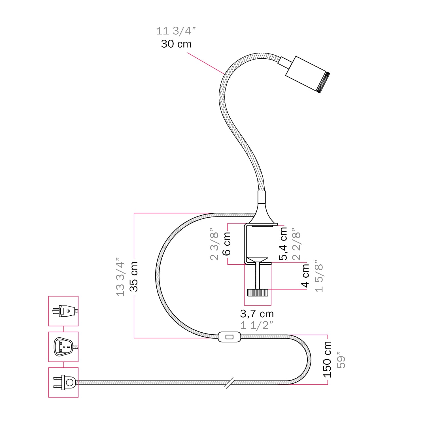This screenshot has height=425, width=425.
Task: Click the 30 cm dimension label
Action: coord(176,44)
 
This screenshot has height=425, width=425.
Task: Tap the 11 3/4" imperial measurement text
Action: coord(176,31)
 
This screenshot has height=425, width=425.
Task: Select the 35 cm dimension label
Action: coord(133,277)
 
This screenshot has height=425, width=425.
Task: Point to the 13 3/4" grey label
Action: coord(120,277)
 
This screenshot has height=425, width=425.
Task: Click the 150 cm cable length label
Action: coord(327,359)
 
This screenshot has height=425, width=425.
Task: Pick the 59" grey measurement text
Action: coord(341,360)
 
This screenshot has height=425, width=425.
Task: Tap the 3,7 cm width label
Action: coord(257,314)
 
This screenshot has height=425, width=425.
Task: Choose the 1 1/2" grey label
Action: coord(257,325)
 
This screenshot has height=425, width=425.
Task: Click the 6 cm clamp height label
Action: coord(227,244)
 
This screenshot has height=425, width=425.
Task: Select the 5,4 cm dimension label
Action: coord(283,244)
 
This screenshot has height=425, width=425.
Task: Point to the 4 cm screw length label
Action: coord(305,275)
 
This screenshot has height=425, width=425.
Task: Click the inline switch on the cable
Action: coord(229,337)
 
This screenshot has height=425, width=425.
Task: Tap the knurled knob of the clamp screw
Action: coord(258,292)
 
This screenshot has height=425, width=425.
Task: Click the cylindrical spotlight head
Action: coord(306,74)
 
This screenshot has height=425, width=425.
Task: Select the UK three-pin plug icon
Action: coord(63,347)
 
